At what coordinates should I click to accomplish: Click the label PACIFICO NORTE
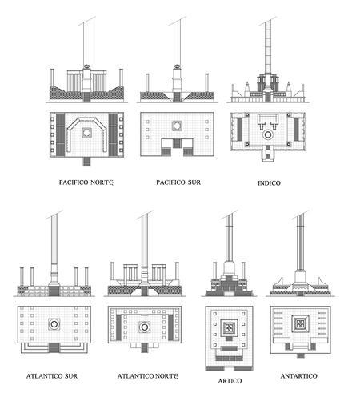86,182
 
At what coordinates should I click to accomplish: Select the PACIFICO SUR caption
178,182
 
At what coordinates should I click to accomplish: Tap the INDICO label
269,183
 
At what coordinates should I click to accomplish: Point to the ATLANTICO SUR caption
52,376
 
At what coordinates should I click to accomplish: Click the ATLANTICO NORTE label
148,376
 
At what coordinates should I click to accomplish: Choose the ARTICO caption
230,381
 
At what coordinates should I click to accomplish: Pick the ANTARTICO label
299,376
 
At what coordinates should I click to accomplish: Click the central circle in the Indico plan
268,135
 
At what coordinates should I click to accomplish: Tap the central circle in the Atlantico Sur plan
54,324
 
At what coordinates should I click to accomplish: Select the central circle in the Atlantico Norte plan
145,327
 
